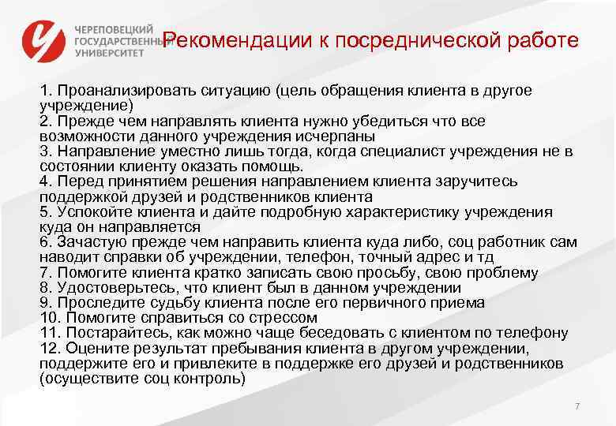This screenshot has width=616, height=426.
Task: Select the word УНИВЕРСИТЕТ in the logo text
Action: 110,53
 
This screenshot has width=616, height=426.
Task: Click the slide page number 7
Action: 577,405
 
